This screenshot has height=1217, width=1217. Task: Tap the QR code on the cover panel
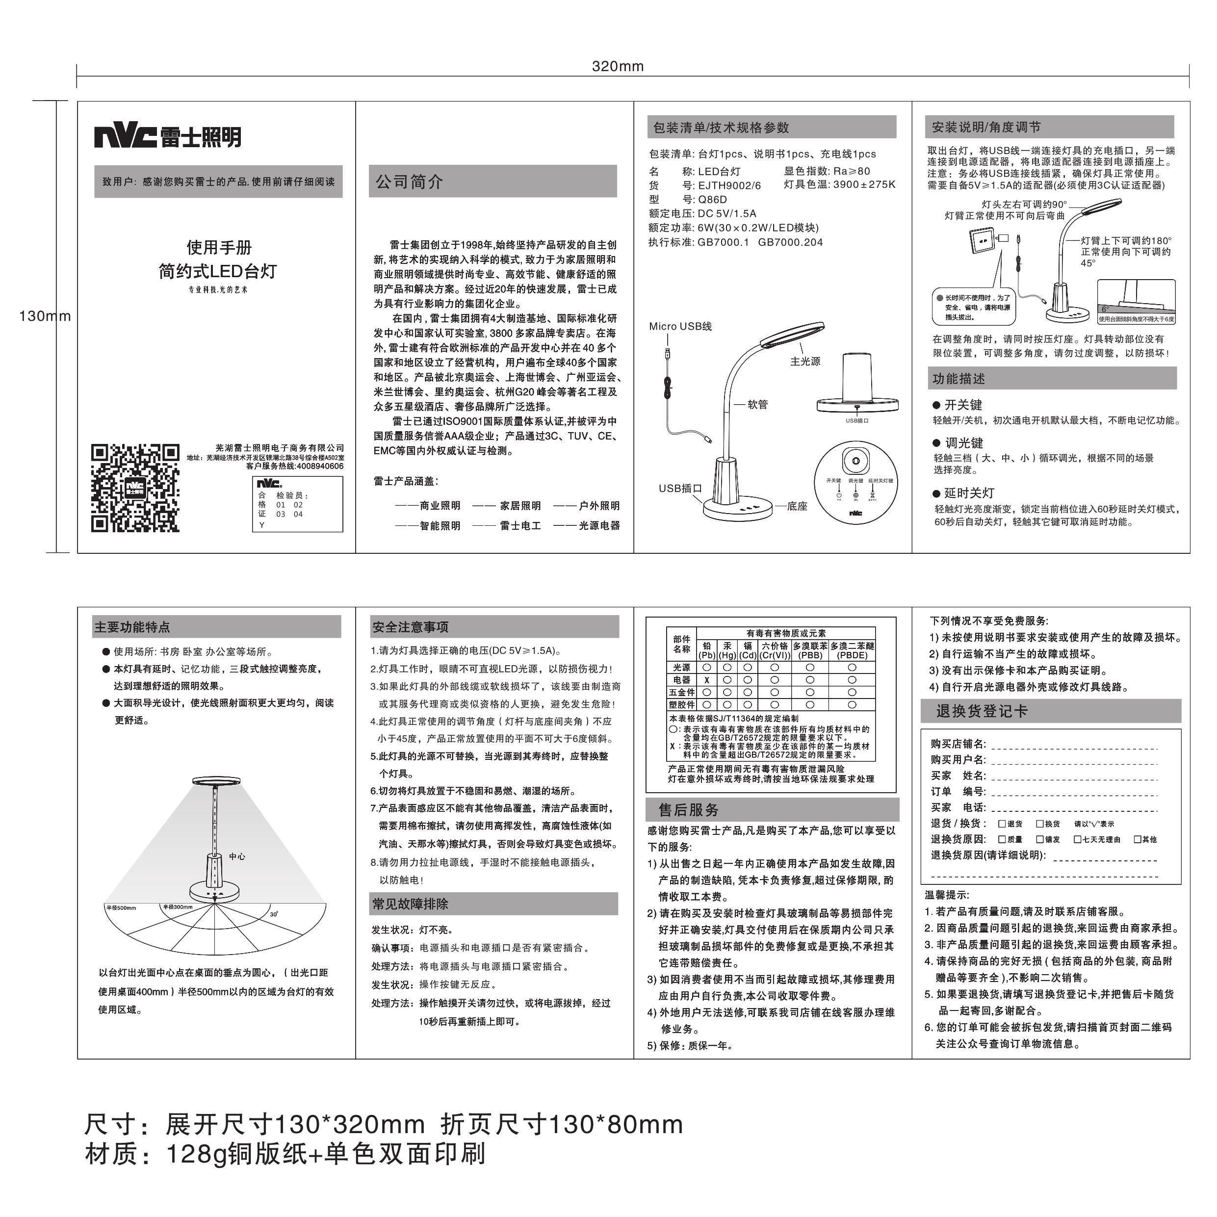click(x=135, y=488)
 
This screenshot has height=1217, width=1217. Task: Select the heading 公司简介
click(x=410, y=182)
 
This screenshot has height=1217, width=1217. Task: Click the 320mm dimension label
click(x=617, y=67)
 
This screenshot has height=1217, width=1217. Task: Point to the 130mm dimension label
click(x=45, y=316)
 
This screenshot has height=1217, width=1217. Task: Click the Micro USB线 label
click(x=680, y=326)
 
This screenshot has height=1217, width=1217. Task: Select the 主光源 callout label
click(x=805, y=362)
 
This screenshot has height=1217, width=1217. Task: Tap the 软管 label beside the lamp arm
click(x=758, y=404)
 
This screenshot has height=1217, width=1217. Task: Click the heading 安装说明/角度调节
click(x=986, y=127)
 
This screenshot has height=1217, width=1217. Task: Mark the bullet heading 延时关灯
click(x=969, y=493)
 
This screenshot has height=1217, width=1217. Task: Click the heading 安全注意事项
click(x=411, y=627)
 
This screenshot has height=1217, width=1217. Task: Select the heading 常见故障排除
click(x=411, y=904)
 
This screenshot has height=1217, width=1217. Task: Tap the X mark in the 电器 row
click(x=707, y=680)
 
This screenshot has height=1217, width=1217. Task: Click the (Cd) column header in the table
click(x=748, y=655)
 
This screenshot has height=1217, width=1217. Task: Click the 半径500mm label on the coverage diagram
click(x=122, y=907)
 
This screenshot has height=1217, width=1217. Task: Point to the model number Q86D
click(x=712, y=200)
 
